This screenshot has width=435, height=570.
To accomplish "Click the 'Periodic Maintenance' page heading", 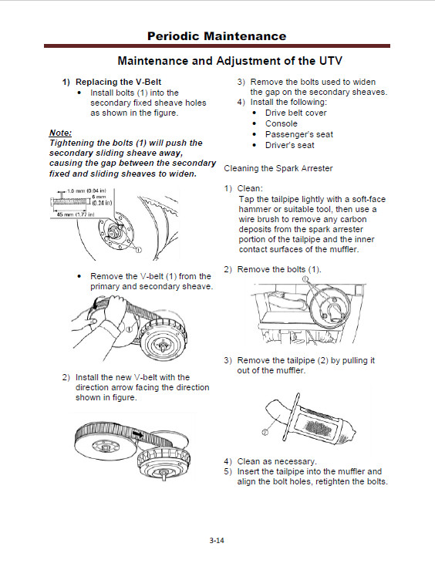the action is pos(217,36).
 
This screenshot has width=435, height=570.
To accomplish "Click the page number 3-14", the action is pos(217,540).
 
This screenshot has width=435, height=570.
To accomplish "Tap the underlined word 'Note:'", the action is pos(60,133).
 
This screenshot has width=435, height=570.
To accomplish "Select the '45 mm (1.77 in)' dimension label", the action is pos(76,214).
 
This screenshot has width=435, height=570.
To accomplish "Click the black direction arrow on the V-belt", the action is pos(138,433).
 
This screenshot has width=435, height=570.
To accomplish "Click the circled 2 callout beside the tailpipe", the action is pos(265,432).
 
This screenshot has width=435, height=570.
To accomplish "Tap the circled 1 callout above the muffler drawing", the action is pos(305,279).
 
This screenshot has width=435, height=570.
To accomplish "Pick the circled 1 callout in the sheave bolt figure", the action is pos(138,249).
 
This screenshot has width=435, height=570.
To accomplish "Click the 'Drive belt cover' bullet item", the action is pos(296,113).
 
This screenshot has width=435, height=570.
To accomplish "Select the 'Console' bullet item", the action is pos(282,123).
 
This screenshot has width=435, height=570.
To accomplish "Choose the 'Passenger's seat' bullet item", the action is pos(299,134).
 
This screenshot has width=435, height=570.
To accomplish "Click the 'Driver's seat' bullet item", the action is pos(290,145).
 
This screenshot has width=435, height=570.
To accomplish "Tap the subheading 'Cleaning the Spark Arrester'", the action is pos(278,168).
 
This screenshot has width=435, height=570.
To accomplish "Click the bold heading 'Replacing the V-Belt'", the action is pos(119,82).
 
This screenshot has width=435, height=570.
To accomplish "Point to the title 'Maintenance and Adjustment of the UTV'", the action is pos(230,61).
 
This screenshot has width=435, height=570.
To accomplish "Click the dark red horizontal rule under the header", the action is pos(217,46).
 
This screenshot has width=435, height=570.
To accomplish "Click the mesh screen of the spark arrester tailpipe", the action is pos(317,426).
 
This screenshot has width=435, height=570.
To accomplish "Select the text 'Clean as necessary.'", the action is pos(277,461).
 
